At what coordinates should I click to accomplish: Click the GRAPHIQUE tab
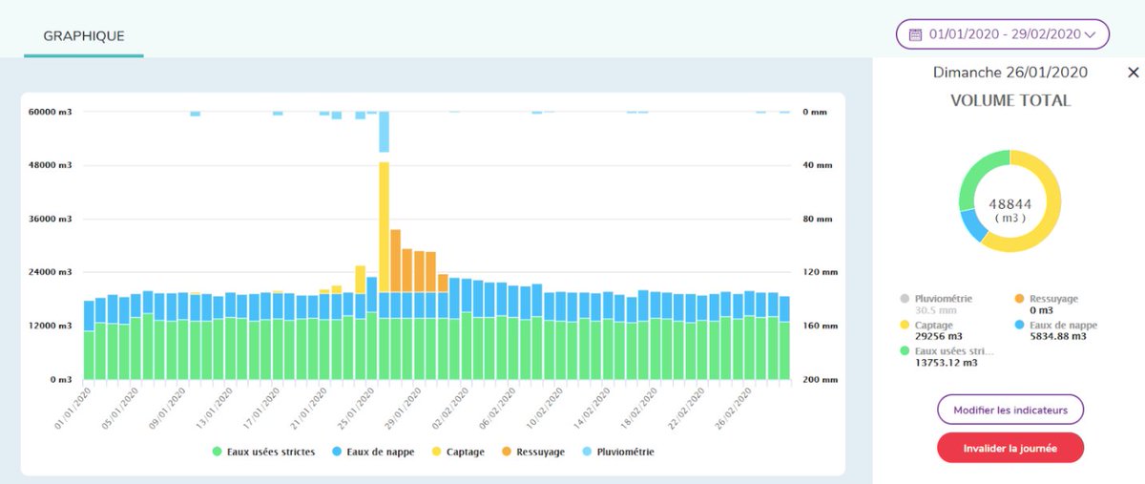tap(84, 36)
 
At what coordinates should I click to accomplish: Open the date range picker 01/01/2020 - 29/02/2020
tap(1002, 34)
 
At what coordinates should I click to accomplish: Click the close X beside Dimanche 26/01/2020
tap(1133, 73)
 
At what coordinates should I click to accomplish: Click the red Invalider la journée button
tap(1010, 448)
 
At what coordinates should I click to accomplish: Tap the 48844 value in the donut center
tap(1010, 203)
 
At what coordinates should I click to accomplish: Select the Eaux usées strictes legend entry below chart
tap(263, 452)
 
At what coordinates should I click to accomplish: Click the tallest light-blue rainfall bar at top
tap(385, 132)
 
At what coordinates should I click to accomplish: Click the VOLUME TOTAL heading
tap(1010, 100)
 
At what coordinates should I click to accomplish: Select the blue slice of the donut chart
tap(973, 224)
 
